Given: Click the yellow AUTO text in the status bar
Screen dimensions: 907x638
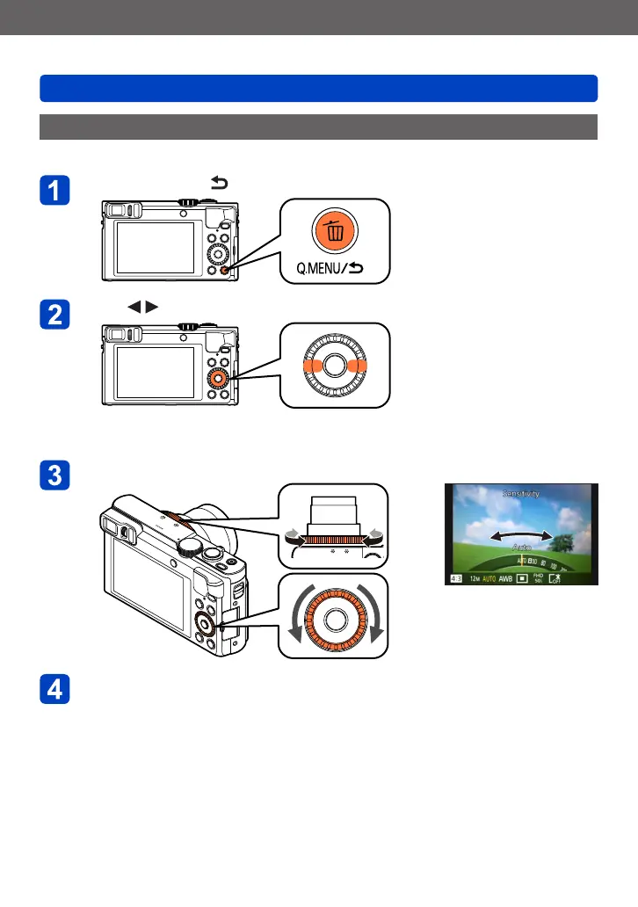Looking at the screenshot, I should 490,578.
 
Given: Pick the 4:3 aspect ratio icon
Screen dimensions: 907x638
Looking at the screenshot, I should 453,578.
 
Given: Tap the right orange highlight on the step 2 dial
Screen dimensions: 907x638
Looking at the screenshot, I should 358,366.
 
